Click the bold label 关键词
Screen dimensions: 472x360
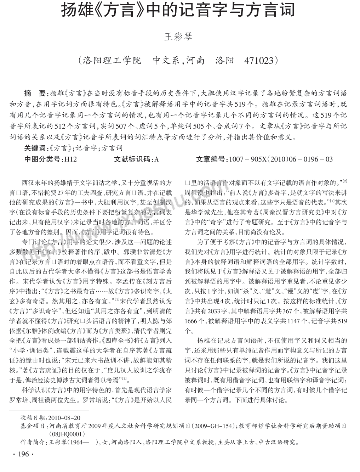click(34, 148)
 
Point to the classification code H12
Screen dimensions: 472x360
click(70, 159)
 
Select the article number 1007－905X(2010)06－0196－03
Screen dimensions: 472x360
click(281, 159)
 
